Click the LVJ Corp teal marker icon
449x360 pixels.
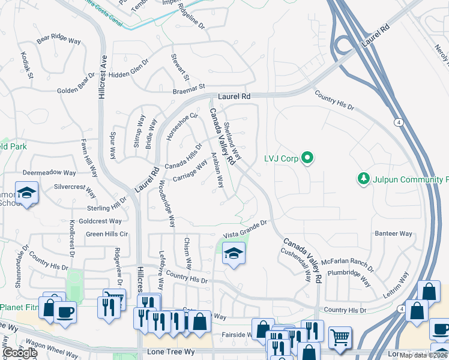pos(307,159)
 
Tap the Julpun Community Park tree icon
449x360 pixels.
pos(363,179)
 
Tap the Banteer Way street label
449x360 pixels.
pos(394,233)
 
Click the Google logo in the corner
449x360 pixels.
pos(20,353)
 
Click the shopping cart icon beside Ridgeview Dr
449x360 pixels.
pos(114,296)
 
